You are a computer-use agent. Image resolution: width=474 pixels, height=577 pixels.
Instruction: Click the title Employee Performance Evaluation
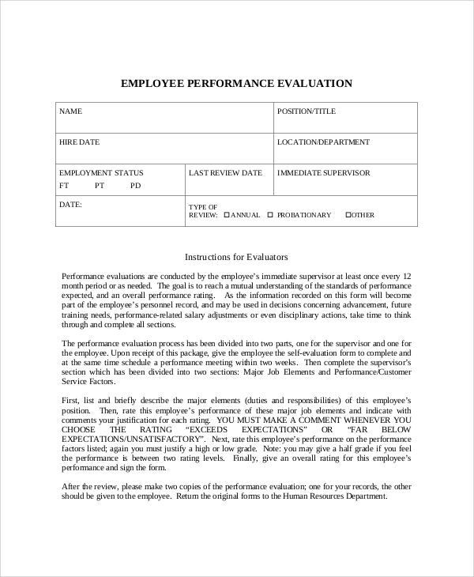point(236,83)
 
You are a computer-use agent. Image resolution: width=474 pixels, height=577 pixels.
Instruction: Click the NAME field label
point(70,111)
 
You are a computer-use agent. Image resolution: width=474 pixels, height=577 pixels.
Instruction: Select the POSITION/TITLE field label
point(307,111)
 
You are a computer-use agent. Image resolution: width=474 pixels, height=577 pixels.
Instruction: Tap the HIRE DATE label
point(79,142)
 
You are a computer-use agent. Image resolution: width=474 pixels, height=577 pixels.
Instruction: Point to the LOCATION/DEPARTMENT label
point(323,142)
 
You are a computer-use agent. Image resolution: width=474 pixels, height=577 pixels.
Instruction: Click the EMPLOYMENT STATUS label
point(101,172)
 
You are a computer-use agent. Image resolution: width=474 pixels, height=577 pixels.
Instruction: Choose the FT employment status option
point(64,186)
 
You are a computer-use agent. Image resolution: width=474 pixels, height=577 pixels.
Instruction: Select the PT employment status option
point(100,186)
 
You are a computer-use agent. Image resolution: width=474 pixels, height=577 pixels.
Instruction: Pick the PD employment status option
point(136,186)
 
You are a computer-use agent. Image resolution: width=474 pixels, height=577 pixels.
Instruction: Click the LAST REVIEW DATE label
point(226,172)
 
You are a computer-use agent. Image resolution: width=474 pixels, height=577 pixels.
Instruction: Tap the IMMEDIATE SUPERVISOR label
point(324,172)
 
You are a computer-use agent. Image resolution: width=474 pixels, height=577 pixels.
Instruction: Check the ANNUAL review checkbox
point(227,214)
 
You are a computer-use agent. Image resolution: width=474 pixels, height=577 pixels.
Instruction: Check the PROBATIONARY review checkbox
point(270,214)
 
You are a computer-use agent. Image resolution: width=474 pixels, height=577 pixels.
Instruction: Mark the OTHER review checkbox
point(348,214)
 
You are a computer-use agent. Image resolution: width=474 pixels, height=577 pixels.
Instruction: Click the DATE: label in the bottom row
point(71,204)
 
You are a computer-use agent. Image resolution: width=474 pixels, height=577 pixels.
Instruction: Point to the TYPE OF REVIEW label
point(203,210)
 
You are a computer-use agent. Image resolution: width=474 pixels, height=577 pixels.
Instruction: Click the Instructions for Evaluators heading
point(236,257)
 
